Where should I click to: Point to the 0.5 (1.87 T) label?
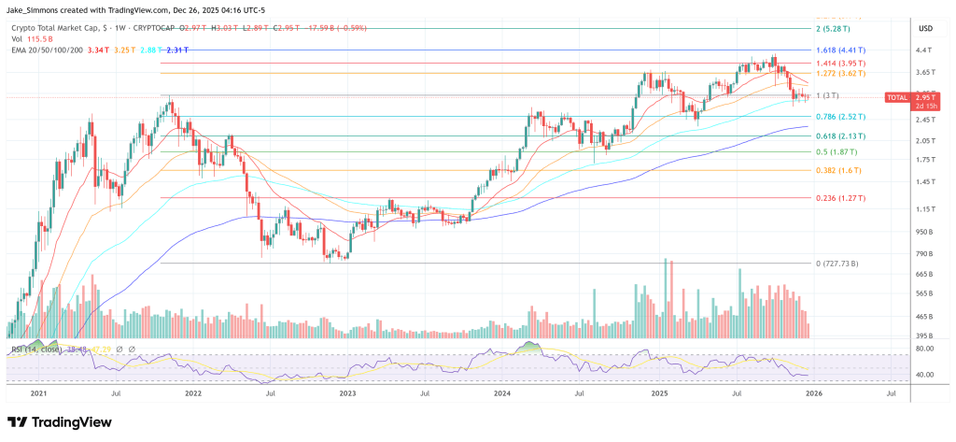834,151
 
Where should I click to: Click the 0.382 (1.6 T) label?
835,171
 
